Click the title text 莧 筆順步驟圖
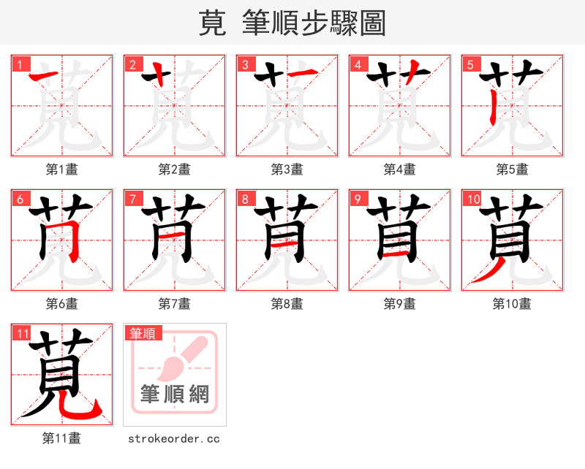[292, 23]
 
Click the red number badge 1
[19, 64]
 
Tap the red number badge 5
[469, 64]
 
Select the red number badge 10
[472, 199]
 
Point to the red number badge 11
[22, 333]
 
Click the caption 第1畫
[62, 169]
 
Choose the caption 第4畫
[400, 169]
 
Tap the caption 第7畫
[175, 304]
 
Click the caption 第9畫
[400, 304]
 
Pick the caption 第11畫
[62, 438]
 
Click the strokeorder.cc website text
[174, 438]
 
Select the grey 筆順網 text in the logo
[175, 394]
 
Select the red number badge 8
[244, 199]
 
